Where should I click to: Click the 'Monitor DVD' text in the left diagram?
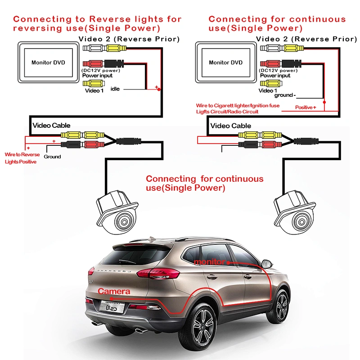[48, 63]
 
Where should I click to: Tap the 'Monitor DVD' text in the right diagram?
[226, 63]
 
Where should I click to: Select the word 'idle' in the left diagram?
[115, 89]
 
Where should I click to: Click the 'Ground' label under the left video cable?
[52, 157]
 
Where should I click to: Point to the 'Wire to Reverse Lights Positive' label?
[22, 158]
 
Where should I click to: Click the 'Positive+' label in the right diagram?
[306, 107]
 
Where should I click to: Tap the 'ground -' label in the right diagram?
[285, 95]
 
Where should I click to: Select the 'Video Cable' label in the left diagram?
[51, 126]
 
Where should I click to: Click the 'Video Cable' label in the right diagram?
[231, 126]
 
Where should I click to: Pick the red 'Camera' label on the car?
[114, 291]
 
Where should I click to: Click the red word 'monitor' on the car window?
[210, 262]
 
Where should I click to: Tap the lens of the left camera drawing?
[124, 222]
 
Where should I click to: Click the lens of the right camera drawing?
[301, 222]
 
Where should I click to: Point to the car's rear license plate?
[112, 307]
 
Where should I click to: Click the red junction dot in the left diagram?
[159, 89]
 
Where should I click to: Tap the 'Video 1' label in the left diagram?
[94, 91]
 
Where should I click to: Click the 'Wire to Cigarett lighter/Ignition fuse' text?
[238, 106]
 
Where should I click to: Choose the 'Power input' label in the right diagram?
[275, 76]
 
